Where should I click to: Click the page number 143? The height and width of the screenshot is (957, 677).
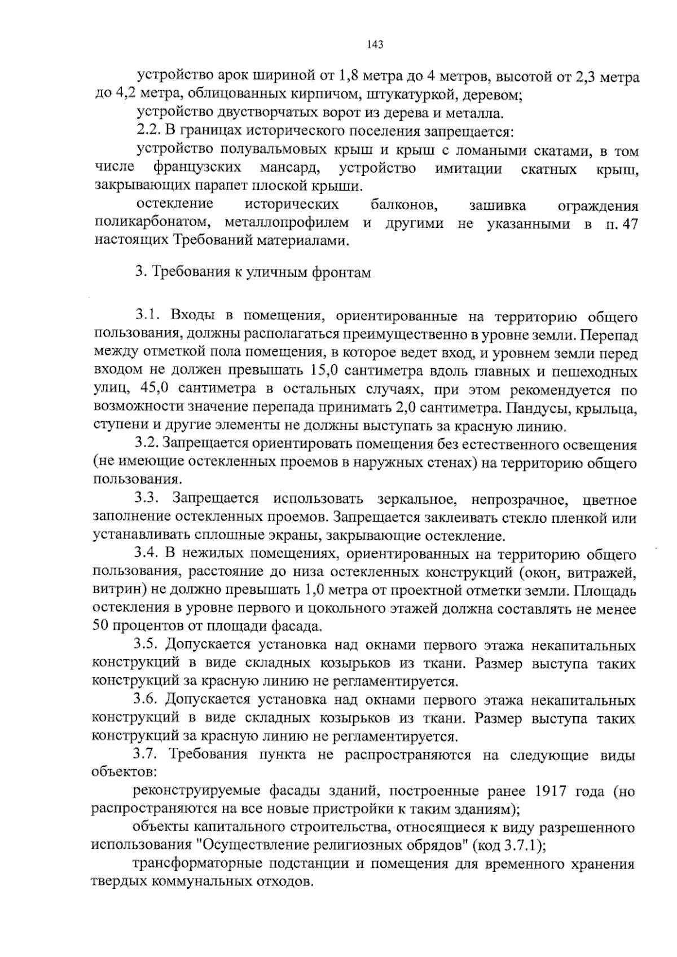coord(375,45)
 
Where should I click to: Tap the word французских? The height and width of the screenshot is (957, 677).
coord(197,168)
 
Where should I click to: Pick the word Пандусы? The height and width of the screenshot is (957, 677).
coord(537,408)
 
